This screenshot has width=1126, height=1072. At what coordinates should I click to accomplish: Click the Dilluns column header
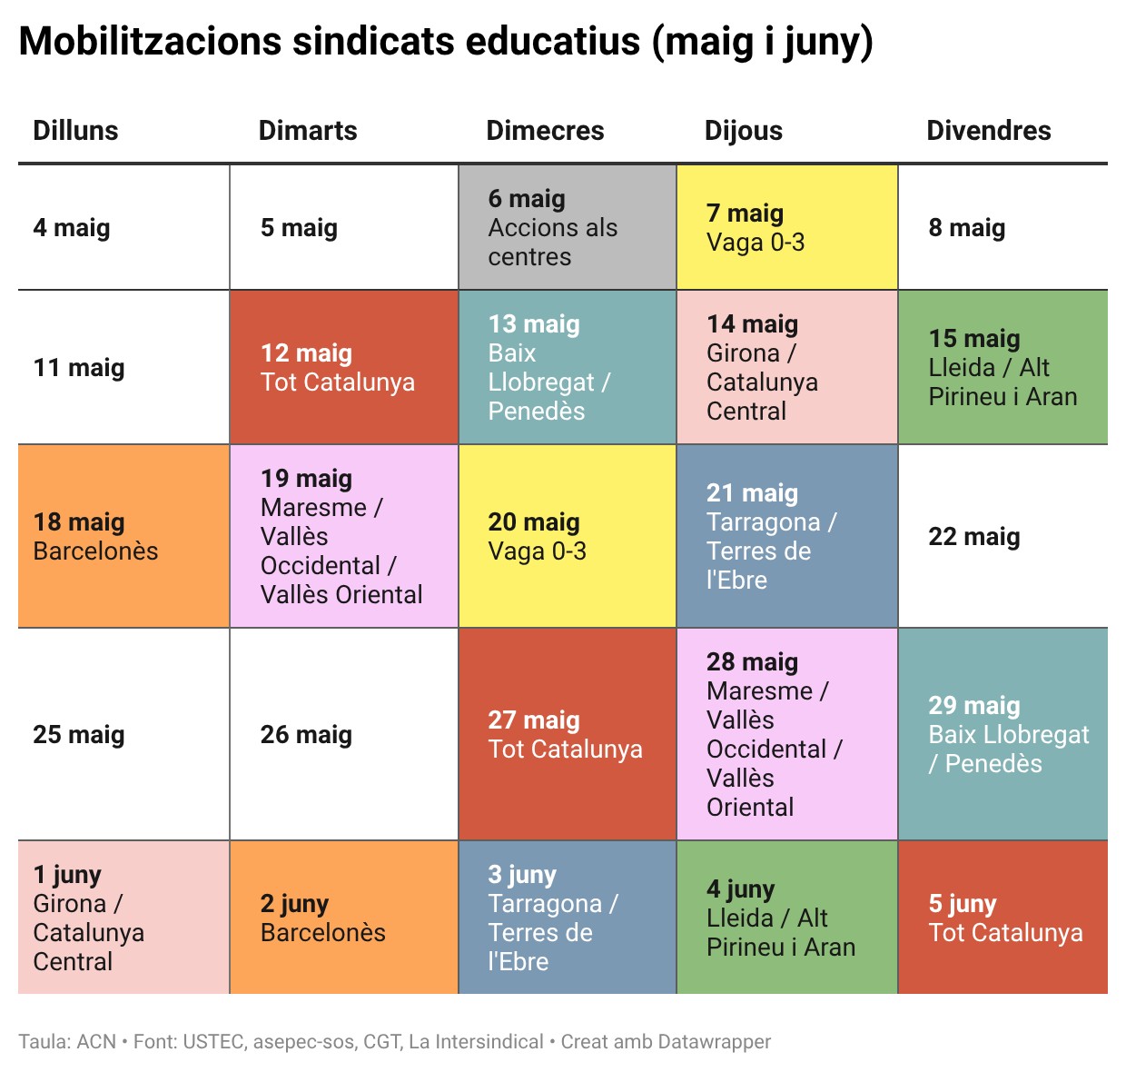click(x=75, y=131)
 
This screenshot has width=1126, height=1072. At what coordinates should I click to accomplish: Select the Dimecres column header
click(x=545, y=131)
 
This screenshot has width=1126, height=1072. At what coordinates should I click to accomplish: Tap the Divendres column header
click(x=988, y=131)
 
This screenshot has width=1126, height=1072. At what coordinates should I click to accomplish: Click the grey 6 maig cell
click(x=568, y=228)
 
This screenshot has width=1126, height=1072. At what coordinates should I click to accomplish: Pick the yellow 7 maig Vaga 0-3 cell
click(x=786, y=228)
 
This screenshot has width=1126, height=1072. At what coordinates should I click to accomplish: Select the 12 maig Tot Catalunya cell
click(x=344, y=367)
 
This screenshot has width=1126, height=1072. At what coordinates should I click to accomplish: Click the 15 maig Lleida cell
click(x=1003, y=367)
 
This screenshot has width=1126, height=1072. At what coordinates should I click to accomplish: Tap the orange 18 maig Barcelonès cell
click(x=123, y=536)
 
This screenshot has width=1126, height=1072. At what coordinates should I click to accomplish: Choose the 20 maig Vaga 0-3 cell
click(x=568, y=536)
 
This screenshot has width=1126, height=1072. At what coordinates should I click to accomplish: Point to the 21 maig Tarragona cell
click(x=786, y=536)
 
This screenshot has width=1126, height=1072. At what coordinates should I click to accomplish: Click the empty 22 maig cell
click(x=1003, y=536)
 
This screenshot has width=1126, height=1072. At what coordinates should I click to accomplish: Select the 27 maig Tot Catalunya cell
click(x=568, y=734)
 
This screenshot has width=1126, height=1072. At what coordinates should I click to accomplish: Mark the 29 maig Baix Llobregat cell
click(x=1003, y=734)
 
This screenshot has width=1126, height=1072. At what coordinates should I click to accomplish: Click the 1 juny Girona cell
click(x=123, y=918)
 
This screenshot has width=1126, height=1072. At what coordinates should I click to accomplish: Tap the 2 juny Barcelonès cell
click(x=344, y=918)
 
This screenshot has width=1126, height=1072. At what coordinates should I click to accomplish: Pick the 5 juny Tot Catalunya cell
click(x=1003, y=918)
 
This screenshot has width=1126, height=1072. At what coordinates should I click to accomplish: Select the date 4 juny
click(x=740, y=888)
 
